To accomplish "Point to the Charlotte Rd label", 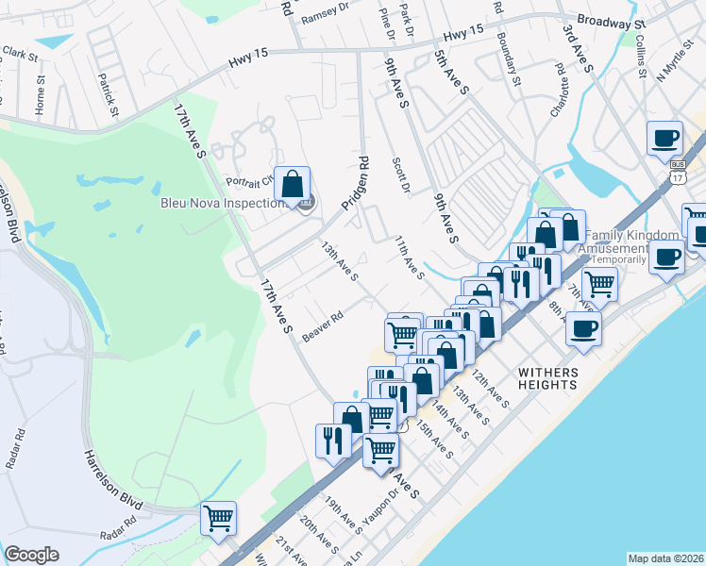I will (565, 85).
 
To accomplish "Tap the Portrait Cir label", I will (249, 180).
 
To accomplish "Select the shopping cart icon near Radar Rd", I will (218, 517).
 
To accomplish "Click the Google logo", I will (31, 555).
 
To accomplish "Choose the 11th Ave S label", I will (409, 257).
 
